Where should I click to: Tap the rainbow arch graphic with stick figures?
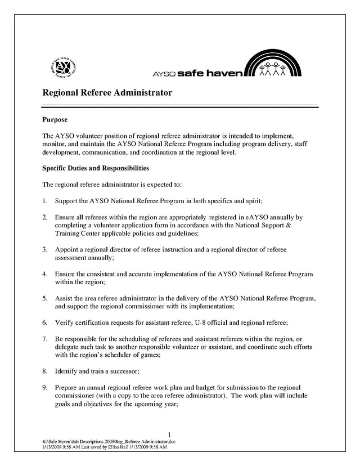point(275,65)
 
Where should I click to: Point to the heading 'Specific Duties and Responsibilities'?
point(96,168)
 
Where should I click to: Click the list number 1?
point(44,200)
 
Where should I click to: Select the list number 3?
point(44,249)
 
